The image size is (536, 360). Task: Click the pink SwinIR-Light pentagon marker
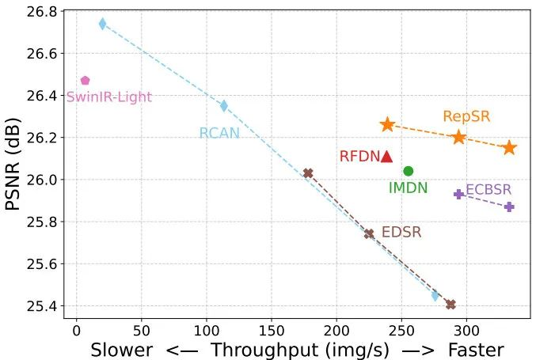pos(86,81)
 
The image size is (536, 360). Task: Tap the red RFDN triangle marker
pos(386,157)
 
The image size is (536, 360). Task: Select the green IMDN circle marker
pos(409,171)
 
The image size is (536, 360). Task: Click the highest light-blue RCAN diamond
pos(103,24)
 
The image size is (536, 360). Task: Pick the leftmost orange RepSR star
pos(387,125)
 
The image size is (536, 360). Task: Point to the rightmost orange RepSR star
pos(510,147)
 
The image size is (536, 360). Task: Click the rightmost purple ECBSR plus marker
pos(509,207)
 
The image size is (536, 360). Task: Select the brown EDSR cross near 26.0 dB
pos(308,173)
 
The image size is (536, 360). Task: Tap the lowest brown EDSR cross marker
pos(450,305)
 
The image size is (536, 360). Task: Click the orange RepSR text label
pos(466,116)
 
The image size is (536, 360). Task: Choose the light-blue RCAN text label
pos(219,133)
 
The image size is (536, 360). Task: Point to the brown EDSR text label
pos(401,233)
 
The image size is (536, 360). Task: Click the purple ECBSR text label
pos(488,189)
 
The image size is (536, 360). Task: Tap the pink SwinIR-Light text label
pos(109,97)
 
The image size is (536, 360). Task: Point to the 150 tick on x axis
pos(272,331)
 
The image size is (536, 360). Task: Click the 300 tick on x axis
pos(466,331)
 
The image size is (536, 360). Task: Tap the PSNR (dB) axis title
pos(13,164)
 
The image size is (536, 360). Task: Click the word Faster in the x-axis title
pos(476,350)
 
